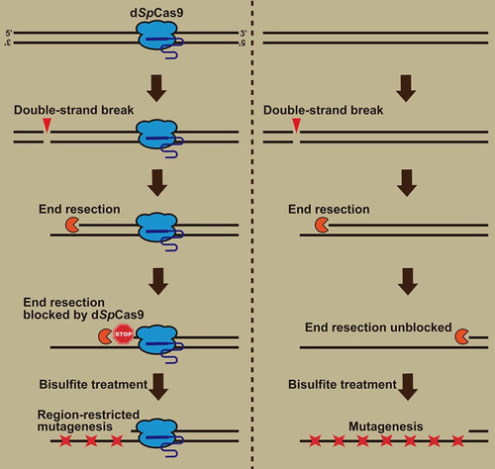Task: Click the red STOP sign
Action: pos(124,334)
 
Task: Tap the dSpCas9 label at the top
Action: pos(156,13)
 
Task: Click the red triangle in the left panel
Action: pos(48,126)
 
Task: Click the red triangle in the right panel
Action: pos(297,126)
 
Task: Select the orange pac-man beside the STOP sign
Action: pos(105,336)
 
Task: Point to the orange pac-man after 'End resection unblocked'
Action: pos(461,336)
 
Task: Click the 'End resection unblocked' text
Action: pos(378,328)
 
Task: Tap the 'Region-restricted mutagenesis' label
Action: pos(88,421)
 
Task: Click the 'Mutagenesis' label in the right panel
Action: pos(386,426)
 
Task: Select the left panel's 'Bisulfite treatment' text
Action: pos(93,385)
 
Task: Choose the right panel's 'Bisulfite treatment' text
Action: pos(343,385)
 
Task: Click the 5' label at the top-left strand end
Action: pos(9,34)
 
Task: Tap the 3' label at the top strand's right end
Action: pos(244,34)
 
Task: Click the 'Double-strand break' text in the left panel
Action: pos(73,110)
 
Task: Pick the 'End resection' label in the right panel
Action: pos(329,210)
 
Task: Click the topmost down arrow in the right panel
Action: pos(406,88)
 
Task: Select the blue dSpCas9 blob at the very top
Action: pos(156,36)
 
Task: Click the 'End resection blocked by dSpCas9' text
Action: pos(83,309)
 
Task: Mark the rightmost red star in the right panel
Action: pos(457,440)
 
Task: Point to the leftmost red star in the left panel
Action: pos(65,440)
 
